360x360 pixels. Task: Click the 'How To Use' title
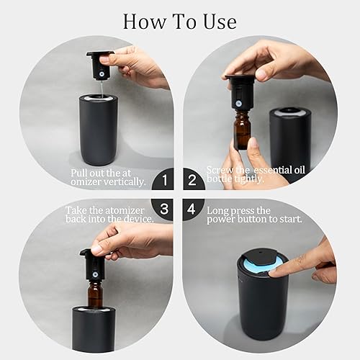pos(179,20)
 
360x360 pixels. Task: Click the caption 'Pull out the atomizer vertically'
pos(108,178)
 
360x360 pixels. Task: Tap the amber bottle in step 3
pos(96,288)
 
